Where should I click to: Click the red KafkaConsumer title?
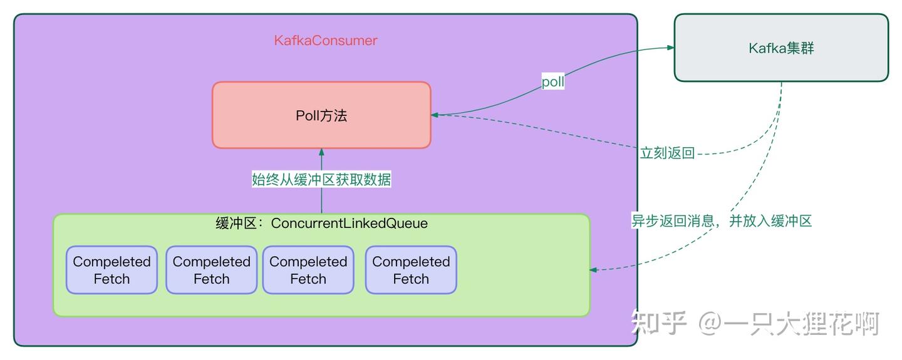[x=326, y=41]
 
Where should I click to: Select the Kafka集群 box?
[x=781, y=48]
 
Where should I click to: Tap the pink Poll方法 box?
[x=321, y=115]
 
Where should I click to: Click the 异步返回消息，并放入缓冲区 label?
[x=721, y=220]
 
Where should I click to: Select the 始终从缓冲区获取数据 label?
[x=321, y=180]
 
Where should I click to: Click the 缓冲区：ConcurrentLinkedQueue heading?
[x=321, y=224]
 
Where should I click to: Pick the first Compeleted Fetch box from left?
[x=111, y=270]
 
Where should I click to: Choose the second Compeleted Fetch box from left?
[x=211, y=270]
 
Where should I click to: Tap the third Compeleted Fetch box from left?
[x=308, y=270]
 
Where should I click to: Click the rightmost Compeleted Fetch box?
[x=411, y=270]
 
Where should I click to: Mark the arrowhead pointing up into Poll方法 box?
[x=321, y=152]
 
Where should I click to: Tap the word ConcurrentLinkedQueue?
[x=350, y=224]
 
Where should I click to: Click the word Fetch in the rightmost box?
[x=411, y=279]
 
